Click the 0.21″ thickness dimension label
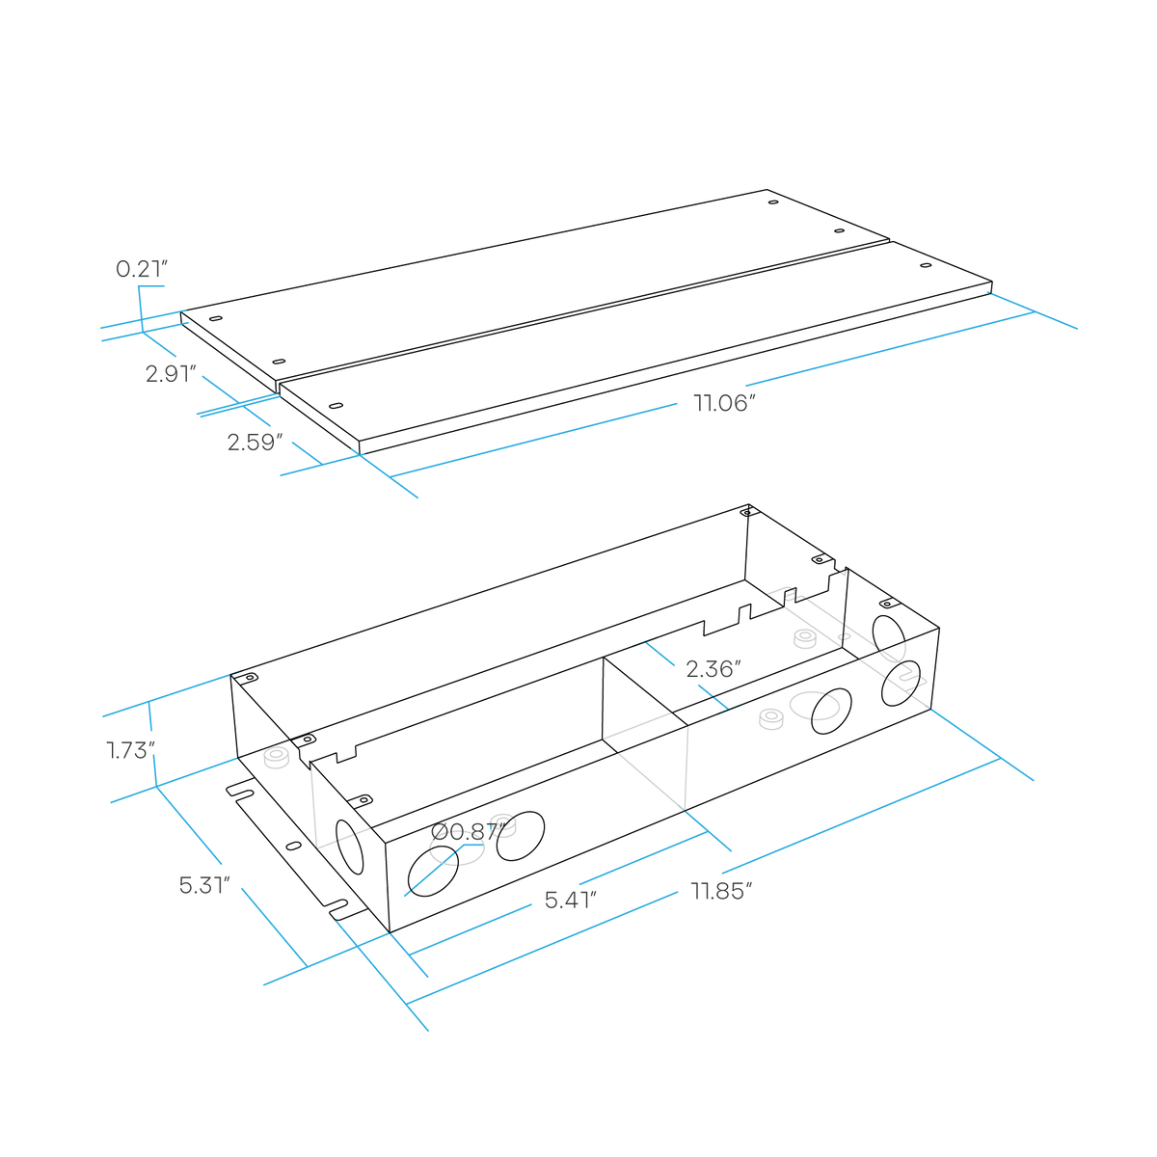(x=142, y=268)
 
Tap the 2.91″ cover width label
(x=171, y=373)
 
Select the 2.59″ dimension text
(x=255, y=442)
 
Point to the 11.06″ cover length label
(x=724, y=402)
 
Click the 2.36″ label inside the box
(x=713, y=669)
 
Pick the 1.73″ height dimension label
(x=131, y=750)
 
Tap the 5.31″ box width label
(x=204, y=885)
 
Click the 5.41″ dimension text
(x=571, y=900)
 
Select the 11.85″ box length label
(x=721, y=891)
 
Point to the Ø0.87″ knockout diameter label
(x=468, y=831)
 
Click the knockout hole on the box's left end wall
(x=349, y=847)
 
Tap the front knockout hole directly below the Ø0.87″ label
(x=433, y=872)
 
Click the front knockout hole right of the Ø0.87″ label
(x=521, y=836)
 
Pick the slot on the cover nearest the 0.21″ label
(x=216, y=318)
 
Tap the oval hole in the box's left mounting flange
(x=294, y=846)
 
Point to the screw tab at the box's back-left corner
(x=248, y=679)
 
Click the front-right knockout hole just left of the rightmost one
(x=831, y=712)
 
